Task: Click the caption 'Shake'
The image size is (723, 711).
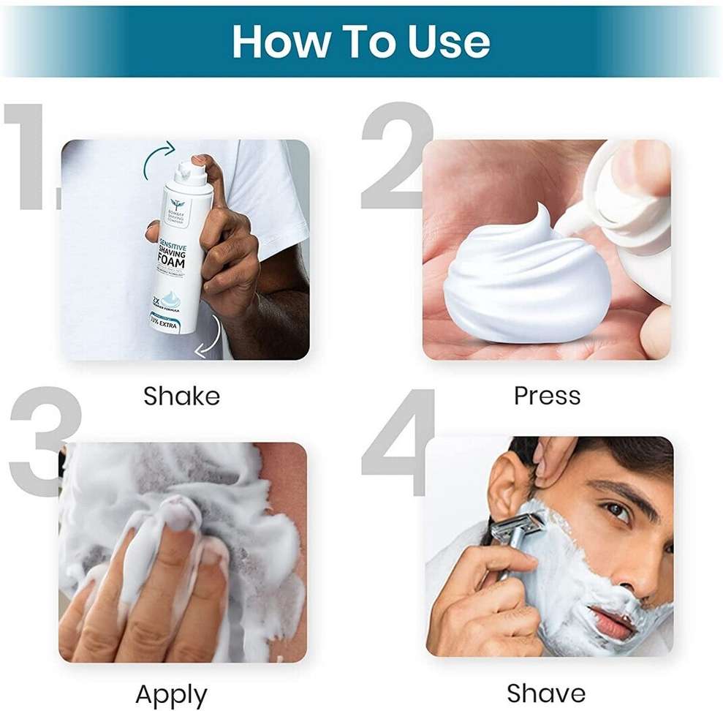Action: click(x=181, y=396)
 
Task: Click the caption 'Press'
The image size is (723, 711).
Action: click(x=547, y=396)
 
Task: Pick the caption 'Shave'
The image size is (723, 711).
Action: click(x=546, y=693)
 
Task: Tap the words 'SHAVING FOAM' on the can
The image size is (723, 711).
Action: click(x=173, y=259)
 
